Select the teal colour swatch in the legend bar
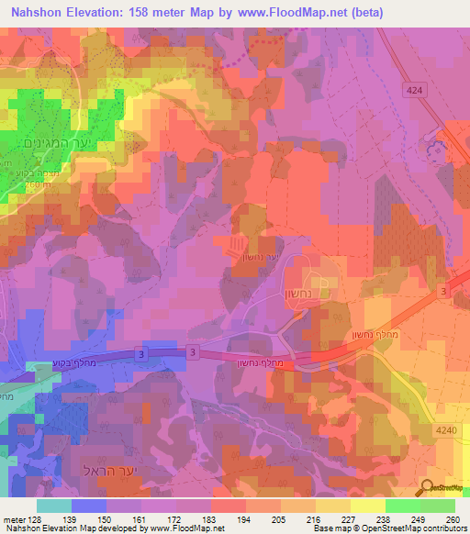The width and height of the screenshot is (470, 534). pyautogui.click(x=54, y=506)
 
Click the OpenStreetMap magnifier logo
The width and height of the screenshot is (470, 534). pyautogui.click(x=428, y=487)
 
